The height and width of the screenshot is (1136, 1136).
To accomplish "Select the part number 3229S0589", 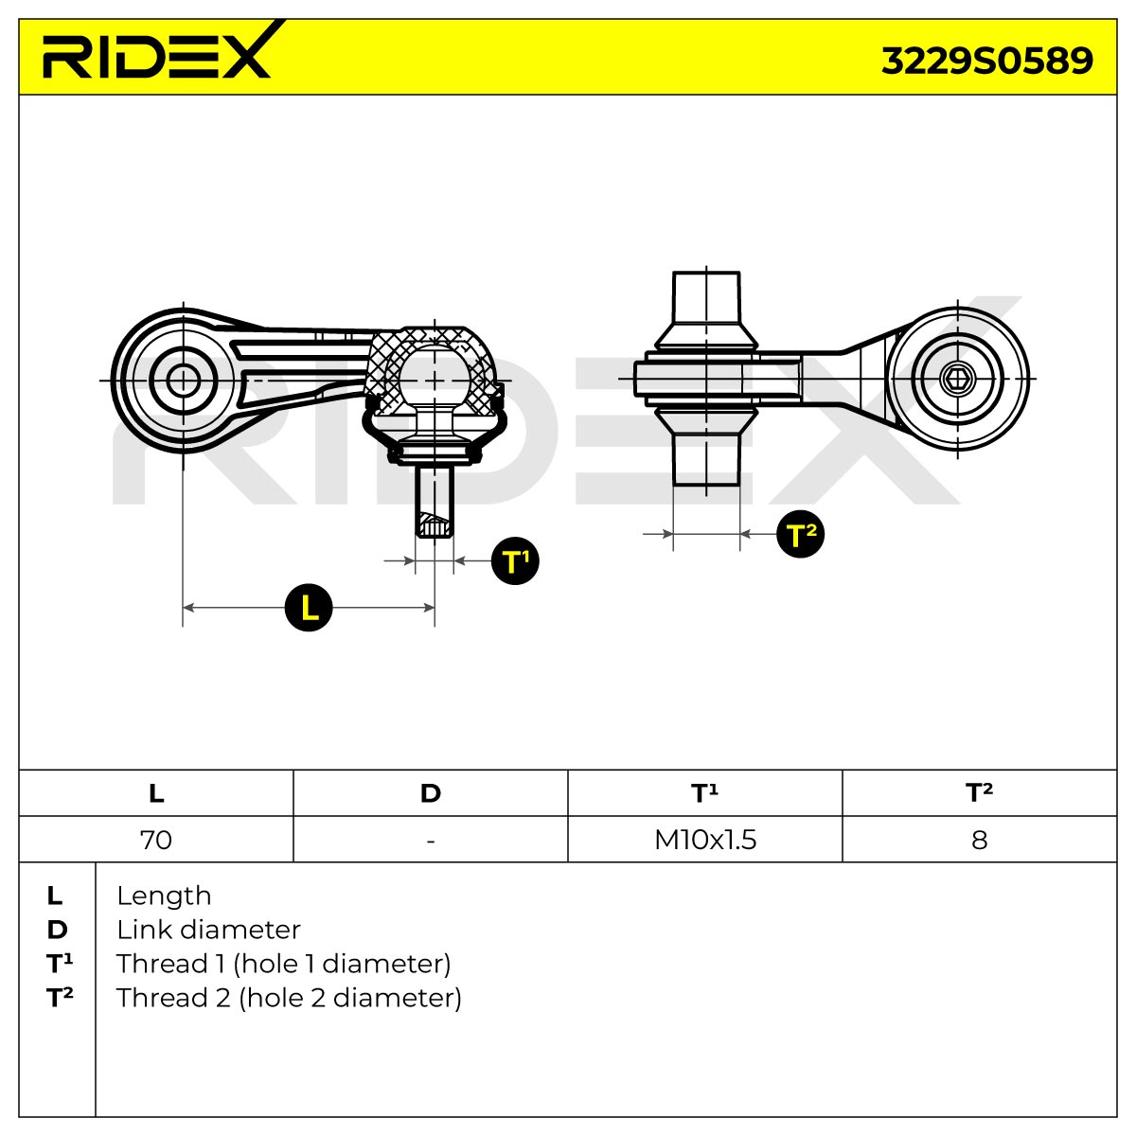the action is [x=986, y=61].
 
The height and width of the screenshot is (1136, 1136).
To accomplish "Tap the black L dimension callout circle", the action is [x=309, y=607].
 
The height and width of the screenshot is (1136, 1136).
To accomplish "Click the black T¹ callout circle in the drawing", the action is [x=515, y=560].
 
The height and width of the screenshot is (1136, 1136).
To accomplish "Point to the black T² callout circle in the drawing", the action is [x=800, y=534].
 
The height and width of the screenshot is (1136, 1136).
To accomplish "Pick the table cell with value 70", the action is [x=156, y=840].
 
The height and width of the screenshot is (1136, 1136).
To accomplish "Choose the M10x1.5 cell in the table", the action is [x=705, y=840].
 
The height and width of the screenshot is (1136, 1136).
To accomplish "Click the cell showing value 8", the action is [x=979, y=840].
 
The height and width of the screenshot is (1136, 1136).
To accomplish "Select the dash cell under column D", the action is [x=431, y=840].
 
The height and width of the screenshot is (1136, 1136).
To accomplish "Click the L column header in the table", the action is [x=156, y=793].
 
